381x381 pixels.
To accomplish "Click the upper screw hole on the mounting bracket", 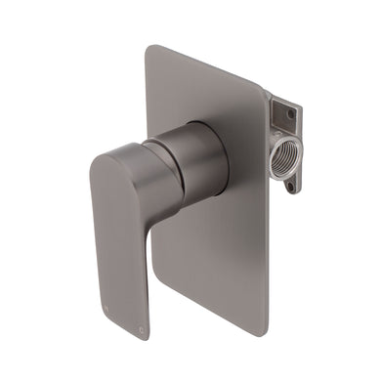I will coord(290,112).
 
